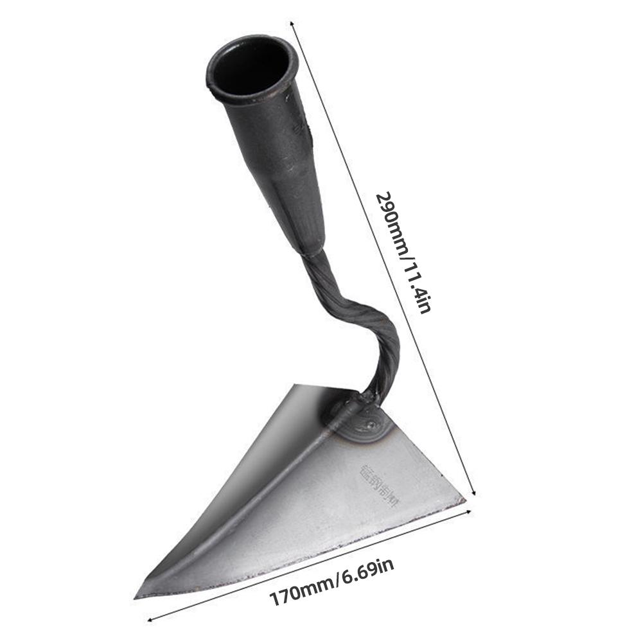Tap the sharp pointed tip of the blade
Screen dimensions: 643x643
click(x=137, y=596)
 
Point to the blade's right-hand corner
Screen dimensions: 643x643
click(x=462, y=500)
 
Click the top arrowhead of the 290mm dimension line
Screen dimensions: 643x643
click(x=293, y=24)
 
